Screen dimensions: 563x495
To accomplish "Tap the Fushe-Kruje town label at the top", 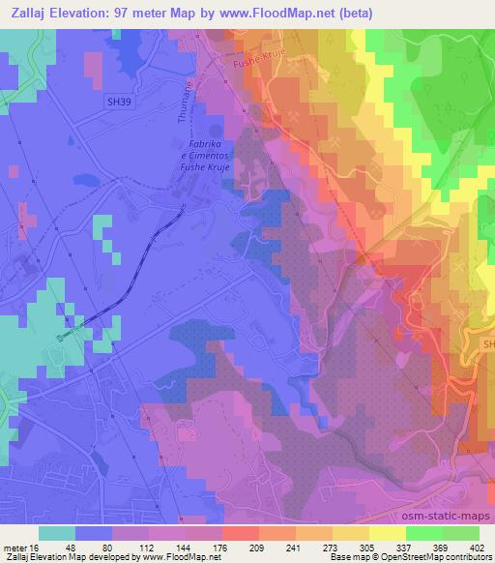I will pyautogui.click(x=258, y=61).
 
